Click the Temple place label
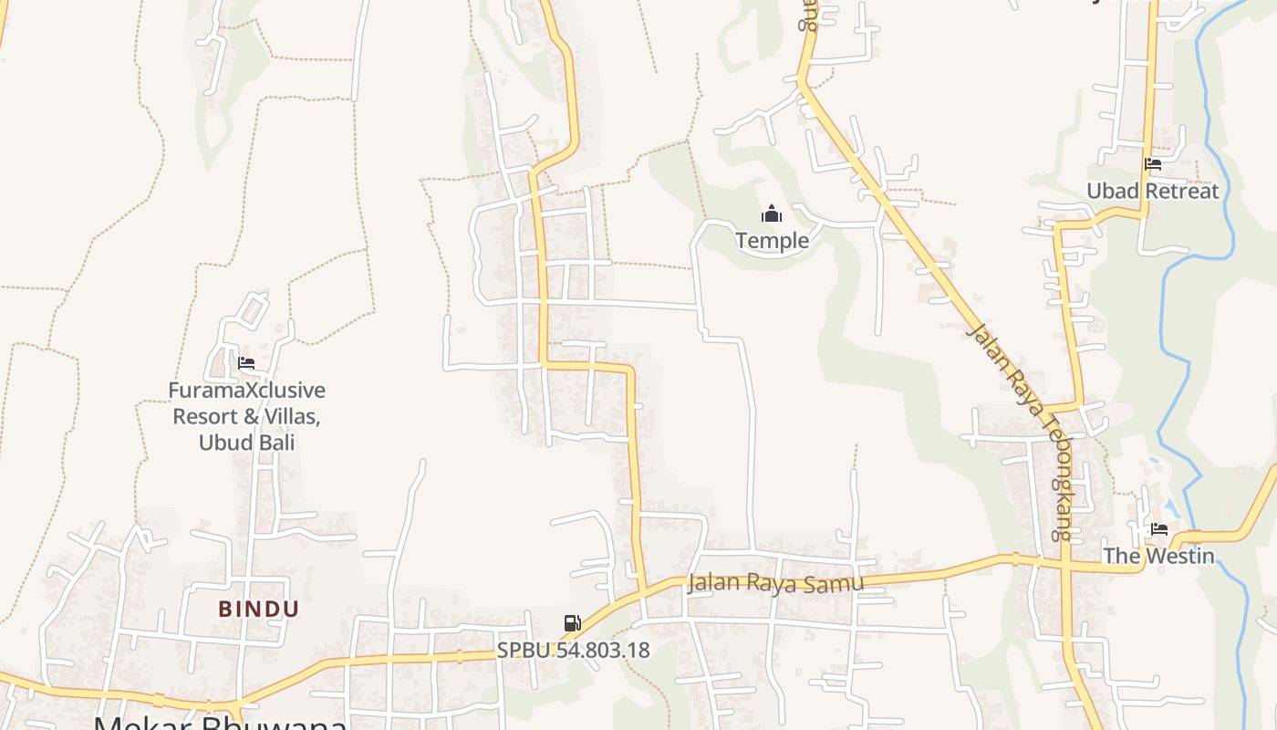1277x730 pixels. (x=772, y=240)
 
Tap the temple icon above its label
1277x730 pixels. (x=772, y=214)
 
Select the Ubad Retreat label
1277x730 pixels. (x=1152, y=191)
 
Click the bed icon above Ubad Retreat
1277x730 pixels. (x=1153, y=165)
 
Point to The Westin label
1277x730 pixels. (x=1158, y=555)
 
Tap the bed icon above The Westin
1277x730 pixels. (x=1159, y=529)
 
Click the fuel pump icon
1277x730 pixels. (x=573, y=624)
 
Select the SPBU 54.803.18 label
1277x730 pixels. (x=573, y=651)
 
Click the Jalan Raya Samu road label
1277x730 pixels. (x=775, y=582)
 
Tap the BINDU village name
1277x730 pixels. (x=258, y=609)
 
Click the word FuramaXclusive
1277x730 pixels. (x=246, y=391)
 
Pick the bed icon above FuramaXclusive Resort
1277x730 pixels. (x=246, y=363)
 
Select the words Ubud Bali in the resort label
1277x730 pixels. (x=246, y=443)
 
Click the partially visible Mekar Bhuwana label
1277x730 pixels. (x=219, y=723)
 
